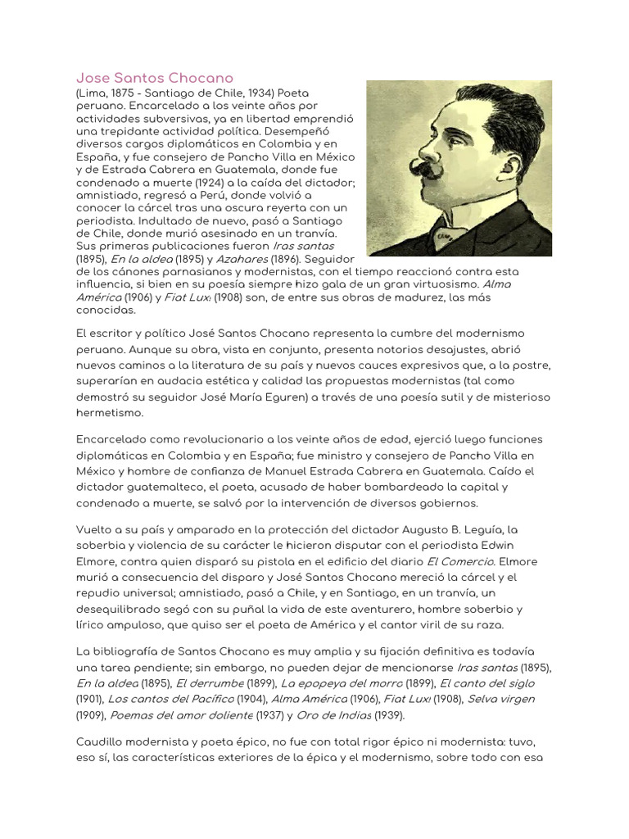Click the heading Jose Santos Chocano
(x=154, y=78)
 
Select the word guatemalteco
(x=157, y=487)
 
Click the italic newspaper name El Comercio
(x=461, y=561)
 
